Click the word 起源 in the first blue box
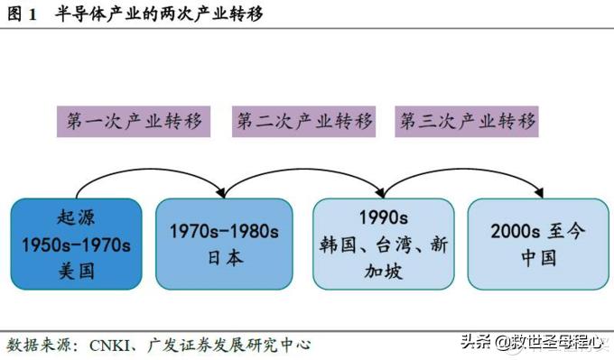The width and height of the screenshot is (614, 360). click(76, 217)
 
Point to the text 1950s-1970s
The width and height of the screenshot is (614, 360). click(76, 244)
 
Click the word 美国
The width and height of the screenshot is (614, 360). click(76, 270)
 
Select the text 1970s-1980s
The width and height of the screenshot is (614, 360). click(222, 231)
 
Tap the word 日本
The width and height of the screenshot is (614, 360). click(222, 257)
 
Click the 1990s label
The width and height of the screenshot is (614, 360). click(383, 217)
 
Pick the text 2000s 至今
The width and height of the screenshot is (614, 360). click(538, 231)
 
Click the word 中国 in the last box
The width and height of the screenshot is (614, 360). click(538, 257)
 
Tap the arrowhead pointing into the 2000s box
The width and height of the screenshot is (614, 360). click(539, 192)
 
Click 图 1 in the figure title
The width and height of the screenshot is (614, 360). click(20, 14)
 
